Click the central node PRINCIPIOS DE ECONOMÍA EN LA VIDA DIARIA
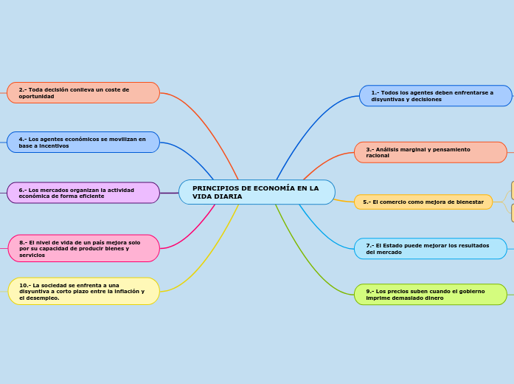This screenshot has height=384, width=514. point(257,192)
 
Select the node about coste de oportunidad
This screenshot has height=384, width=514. point(83,93)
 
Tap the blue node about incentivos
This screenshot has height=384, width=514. point(83,143)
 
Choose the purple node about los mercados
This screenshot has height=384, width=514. point(83,193)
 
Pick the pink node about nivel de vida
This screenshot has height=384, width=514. point(83,249)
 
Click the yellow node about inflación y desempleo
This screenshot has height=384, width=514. point(83,291)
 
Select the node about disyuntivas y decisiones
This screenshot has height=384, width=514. point(435,96)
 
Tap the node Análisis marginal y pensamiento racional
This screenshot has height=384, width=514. point(430,153)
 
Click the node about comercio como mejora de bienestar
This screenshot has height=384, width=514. point(423,202)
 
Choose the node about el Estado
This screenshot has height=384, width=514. point(430,249)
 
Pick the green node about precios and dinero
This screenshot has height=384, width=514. point(430,295)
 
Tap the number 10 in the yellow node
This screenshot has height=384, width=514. point(23,285)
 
